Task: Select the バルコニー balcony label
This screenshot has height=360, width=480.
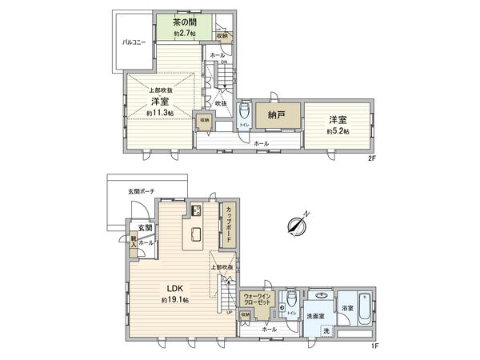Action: click(x=133, y=42)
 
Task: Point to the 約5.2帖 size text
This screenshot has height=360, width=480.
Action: click(x=337, y=131)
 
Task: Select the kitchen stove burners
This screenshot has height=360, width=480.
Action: click(x=194, y=211)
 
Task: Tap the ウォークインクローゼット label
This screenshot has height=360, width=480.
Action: click(x=258, y=300)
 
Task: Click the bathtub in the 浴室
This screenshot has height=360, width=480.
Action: click(x=363, y=308)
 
